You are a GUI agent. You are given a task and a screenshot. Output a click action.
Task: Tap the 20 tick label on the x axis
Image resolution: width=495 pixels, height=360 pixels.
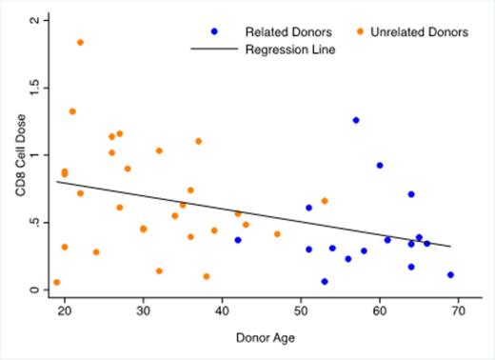[x=64, y=310]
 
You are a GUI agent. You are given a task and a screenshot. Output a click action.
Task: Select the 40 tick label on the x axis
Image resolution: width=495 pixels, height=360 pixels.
[x=222, y=310]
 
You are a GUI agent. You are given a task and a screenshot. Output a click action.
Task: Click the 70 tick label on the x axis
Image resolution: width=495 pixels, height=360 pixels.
[x=458, y=310]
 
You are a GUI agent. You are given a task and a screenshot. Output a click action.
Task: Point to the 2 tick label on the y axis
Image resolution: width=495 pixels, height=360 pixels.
[x=35, y=20]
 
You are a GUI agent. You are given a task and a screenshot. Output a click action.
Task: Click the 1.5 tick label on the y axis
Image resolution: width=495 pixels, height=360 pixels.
[x=35, y=88]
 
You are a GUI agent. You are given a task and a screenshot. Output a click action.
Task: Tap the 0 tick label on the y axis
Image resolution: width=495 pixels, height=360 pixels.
[x=35, y=290]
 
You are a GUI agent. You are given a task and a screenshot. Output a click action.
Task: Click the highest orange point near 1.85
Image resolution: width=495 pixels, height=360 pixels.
[x=80, y=42]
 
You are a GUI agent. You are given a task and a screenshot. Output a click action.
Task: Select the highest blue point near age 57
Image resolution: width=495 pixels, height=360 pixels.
[x=356, y=120]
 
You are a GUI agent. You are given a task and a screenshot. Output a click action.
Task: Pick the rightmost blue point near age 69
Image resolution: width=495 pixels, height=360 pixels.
[x=450, y=274]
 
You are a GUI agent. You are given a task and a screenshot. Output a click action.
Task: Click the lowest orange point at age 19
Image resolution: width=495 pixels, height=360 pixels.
[x=57, y=282]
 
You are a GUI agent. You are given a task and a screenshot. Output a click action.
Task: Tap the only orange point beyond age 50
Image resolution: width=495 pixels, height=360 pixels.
[x=325, y=201]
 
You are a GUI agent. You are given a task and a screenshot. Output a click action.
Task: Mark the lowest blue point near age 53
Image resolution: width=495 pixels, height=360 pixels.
[x=325, y=281]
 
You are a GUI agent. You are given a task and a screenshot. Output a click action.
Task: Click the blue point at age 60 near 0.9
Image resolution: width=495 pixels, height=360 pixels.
[x=380, y=165]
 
